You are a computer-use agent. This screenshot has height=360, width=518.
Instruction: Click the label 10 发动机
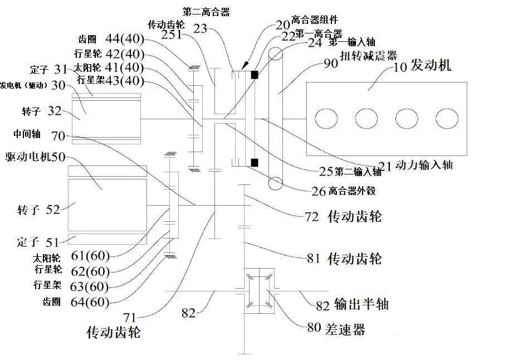(423, 66)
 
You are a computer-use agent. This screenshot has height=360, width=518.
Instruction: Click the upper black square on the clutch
(255, 75)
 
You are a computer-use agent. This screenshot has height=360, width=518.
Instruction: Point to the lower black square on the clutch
(255, 163)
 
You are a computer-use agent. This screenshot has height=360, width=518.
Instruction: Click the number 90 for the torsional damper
(331, 63)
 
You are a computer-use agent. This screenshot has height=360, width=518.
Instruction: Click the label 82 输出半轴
(352, 304)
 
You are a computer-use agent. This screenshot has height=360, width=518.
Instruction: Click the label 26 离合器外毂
(343, 191)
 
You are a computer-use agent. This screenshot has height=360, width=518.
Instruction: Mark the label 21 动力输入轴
(416, 165)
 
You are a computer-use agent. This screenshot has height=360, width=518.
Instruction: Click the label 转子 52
(38, 210)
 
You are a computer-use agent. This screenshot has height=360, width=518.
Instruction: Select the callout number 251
(172, 35)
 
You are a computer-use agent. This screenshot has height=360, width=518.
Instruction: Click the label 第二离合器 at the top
(206, 11)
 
